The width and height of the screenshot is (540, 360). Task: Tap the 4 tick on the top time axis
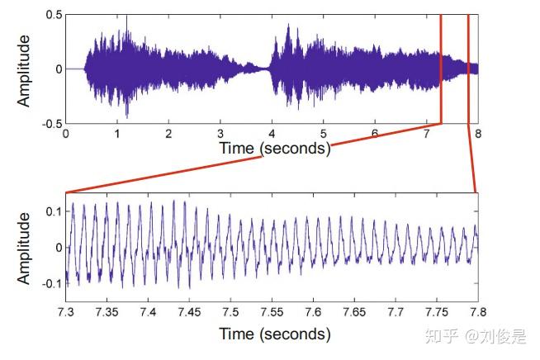[x=272, y=133]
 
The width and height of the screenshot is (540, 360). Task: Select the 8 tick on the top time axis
[x=477, y=133]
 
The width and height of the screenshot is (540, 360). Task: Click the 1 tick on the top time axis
[x=117, y=133]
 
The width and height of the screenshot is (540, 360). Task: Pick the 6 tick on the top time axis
[x=375, y=133]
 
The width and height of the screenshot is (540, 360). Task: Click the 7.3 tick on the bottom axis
[x=66, y=310]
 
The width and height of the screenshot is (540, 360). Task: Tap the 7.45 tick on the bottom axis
[x=189, y=310]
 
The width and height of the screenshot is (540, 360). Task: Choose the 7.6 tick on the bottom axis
[x=313, y=310]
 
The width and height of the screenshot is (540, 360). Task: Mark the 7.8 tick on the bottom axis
[x=477, y=310]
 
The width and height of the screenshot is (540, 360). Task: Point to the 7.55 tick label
[x=272, y=310]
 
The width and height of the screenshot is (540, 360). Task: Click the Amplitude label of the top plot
[x=25, y=69]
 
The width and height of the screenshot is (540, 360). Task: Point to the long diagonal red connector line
[x=248, y=159]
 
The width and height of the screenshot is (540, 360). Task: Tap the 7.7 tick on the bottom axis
[x=396, y=310]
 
